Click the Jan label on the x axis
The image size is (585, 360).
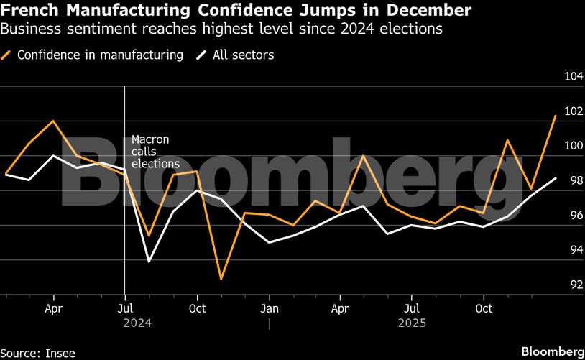click(269, 308)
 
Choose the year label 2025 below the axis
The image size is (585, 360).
click(412, 323)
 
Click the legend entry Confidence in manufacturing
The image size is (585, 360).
click(100, 55)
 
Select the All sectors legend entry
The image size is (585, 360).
click(243, 55)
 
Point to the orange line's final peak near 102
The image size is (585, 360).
click(555, 116)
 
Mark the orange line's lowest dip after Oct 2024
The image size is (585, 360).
click(221, 279)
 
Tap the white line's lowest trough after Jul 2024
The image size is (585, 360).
click(149, 261)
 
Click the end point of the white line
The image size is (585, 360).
click(555, 177)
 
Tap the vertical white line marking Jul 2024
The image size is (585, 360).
click(126, 216)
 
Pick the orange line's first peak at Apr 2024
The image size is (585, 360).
click(53, 121)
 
